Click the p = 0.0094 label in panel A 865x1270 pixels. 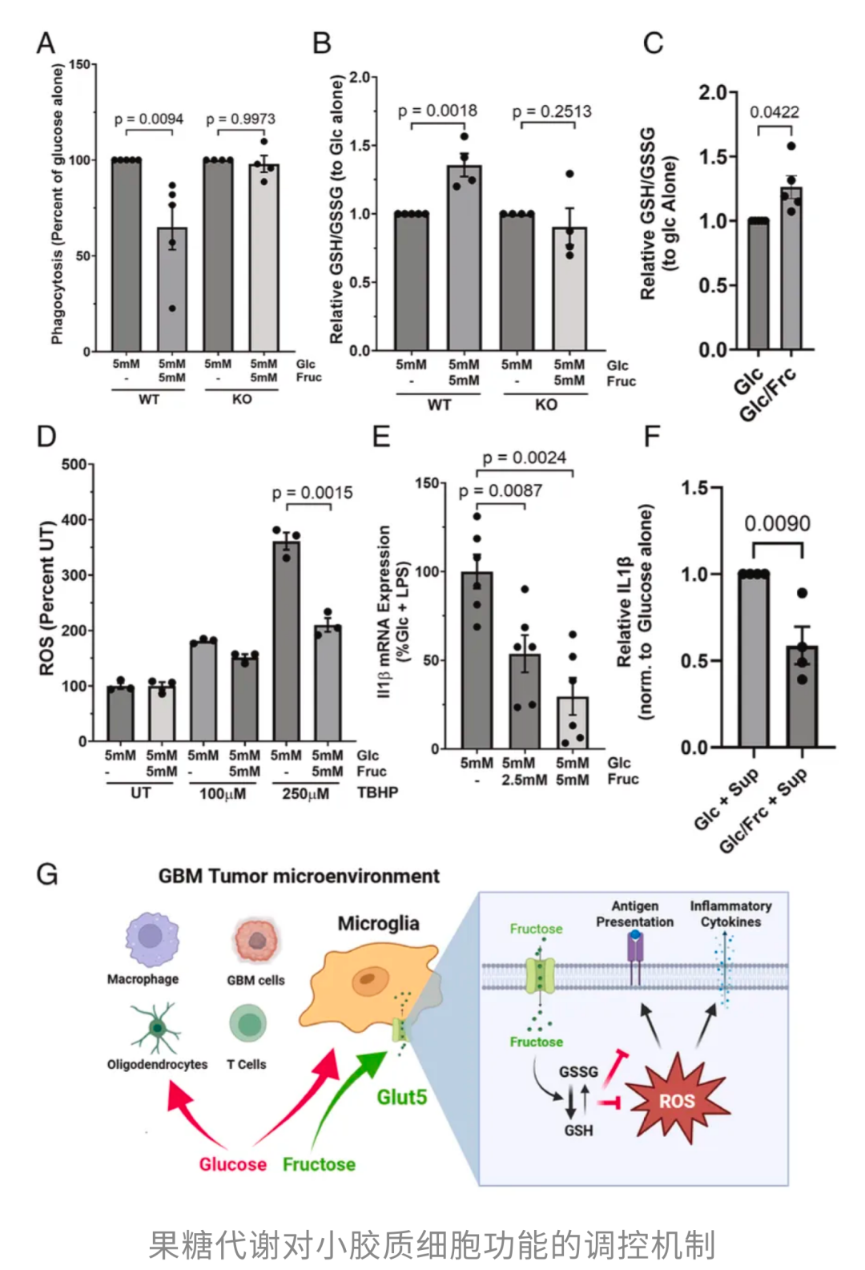(x=148, y=119)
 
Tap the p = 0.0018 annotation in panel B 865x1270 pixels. (x=437, y=111)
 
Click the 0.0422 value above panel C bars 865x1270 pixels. (x=774, y=112)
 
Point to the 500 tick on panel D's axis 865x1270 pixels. (x=74, y=465)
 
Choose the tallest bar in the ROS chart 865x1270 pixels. (x=286, y=640)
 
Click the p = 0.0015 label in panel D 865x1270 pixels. (x=312, y=493)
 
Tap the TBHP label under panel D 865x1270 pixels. (x=377, y=793)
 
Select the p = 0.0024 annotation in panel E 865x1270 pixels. (x=524, y=458)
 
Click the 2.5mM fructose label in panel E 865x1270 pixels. (x=525, y=780)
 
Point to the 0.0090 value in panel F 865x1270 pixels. (x=777, y=524)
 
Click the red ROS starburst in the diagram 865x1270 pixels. (x=677, y=1101)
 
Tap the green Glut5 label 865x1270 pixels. (x=402, y=1097)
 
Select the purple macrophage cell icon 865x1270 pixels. (x=151, y=938)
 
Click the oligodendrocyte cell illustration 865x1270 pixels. (x=158, y=1028)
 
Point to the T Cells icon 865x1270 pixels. (x=248, y=1025)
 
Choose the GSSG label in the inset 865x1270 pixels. (x=578, y=1072)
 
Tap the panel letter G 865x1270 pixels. (x=47, y=873)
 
